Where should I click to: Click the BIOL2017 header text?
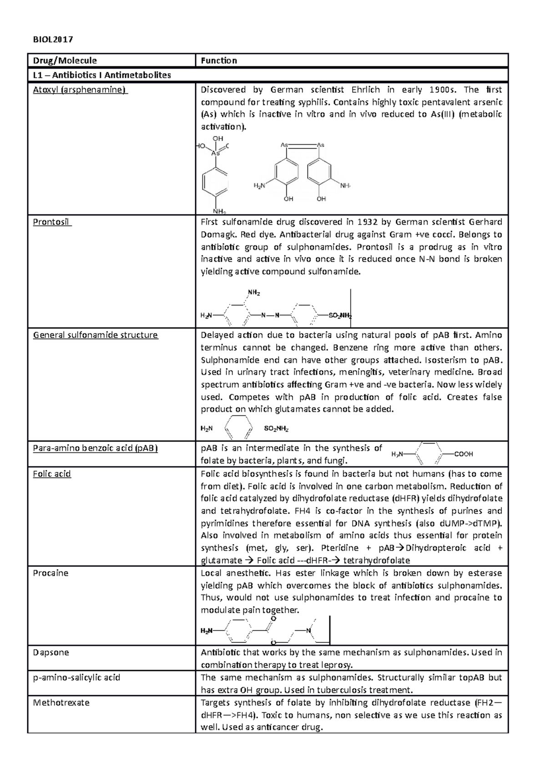[x=53, y=39]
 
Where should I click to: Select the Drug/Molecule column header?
[x=65, y=61]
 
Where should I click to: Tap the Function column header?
[x=219, y=61]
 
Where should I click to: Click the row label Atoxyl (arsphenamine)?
[x=80, y=90]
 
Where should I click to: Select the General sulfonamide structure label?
[x=95, y=335]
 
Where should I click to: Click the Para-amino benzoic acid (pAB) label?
[x=95, y=448]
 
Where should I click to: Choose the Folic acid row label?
[x=52, y=474]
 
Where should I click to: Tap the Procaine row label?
[x=51, y=573]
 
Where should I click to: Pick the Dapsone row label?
[x=51, y=652]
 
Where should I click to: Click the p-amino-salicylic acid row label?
[x=76, y=677]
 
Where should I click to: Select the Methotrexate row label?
[x=61, y=702]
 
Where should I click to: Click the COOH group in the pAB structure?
[x=464, y=454]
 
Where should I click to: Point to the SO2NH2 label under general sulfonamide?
[x=276, y=429]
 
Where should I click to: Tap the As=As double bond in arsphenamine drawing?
[x=303, y=145]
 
